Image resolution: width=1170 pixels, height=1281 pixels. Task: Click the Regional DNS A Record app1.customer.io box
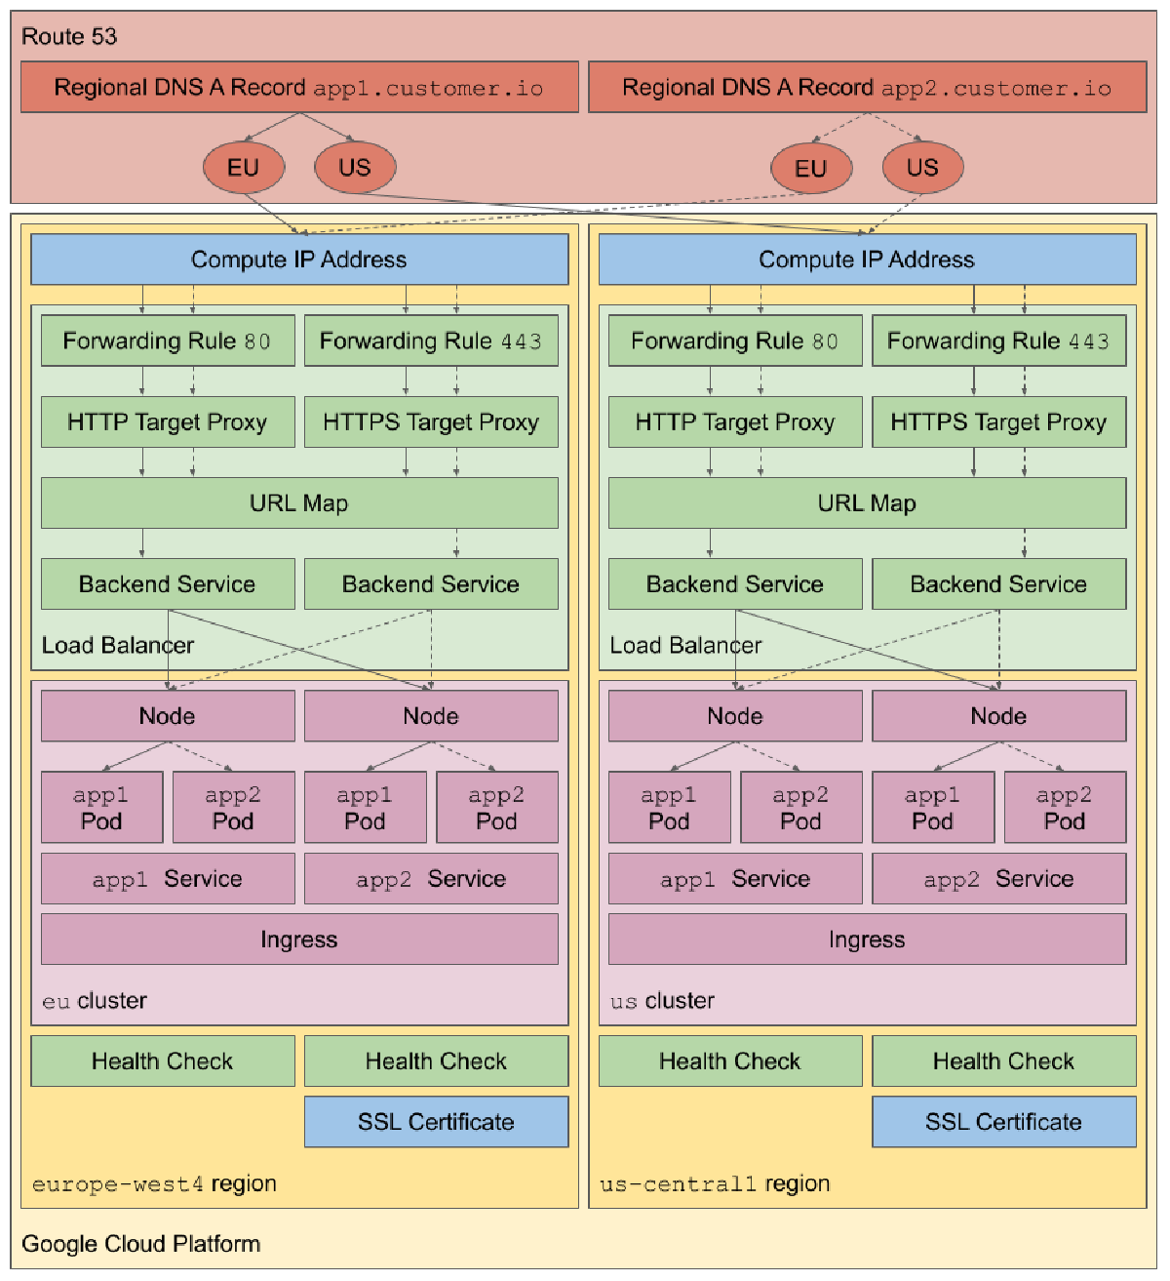point(299,88)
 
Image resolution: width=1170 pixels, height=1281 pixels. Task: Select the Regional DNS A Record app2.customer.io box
point(867,88)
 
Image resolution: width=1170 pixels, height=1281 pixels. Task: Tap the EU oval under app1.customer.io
point(244,168)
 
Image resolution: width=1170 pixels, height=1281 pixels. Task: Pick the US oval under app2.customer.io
point(922,168)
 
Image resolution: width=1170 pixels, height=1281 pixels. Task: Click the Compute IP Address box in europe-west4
point(299,260)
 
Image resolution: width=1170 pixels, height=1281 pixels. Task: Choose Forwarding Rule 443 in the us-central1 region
point(998,340)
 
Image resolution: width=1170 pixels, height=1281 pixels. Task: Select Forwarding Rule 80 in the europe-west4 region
point(168,340)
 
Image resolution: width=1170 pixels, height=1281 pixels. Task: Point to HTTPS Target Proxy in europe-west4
point(431,422)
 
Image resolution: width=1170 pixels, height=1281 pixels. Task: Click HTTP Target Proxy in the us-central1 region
point(735,422)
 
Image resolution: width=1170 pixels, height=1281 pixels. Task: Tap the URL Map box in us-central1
point(867,503)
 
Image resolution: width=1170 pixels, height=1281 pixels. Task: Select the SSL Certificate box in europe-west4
point(436,1122)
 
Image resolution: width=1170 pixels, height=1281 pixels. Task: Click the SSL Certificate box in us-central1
point(1003,1122)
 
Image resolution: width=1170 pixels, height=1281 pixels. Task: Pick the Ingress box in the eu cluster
point(299,940)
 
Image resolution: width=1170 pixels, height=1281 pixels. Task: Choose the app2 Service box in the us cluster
point(998,879)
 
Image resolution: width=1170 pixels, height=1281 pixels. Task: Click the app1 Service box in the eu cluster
point(168,879)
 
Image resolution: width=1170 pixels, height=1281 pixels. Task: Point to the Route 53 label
point(69,37)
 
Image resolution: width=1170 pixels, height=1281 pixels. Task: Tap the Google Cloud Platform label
point(141,1244)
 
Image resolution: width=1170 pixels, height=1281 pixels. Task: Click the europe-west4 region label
point(154,1184)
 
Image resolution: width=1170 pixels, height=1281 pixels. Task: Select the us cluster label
point(662,1001)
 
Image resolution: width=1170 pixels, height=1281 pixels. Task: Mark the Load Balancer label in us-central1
point(685,646)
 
